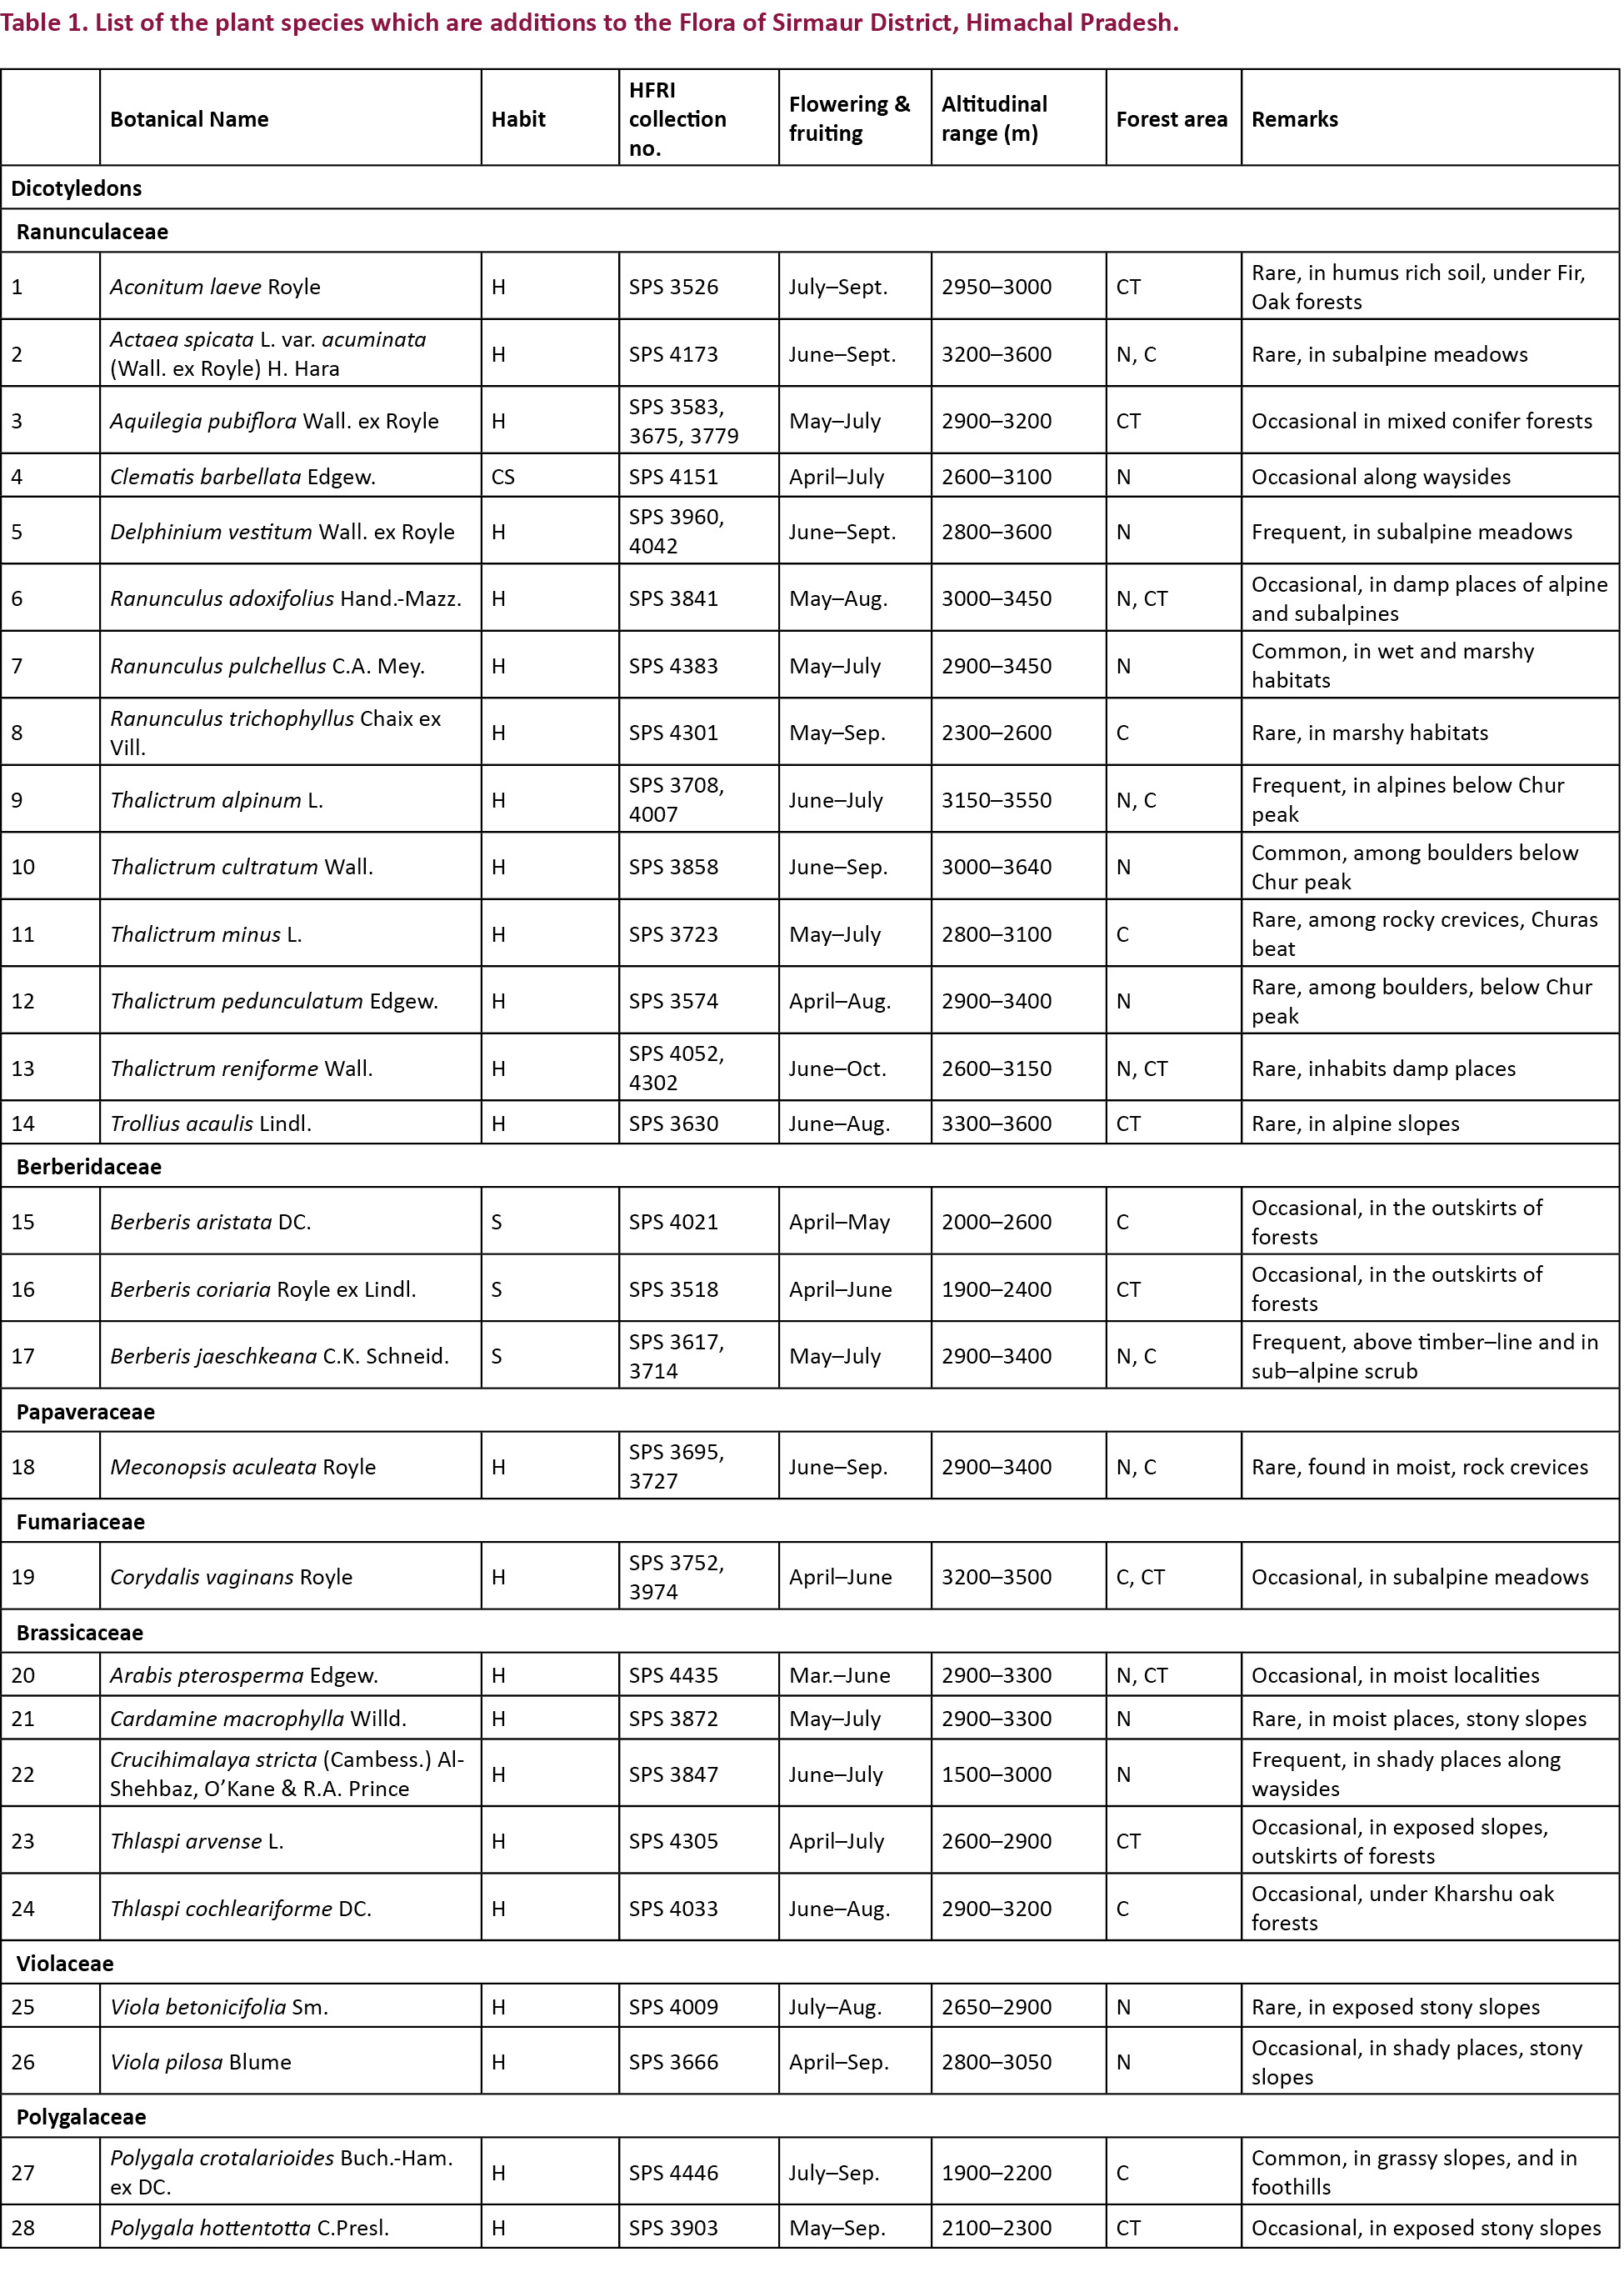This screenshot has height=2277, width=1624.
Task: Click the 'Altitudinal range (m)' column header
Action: [x=994, y=118]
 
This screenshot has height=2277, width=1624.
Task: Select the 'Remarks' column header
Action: [x=1294, y=119]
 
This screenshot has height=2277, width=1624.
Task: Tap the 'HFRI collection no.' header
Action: [x=677, y=118]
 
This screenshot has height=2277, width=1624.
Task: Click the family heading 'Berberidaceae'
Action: [x=88, y=1166]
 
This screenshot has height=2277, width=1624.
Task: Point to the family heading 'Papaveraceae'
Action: [x=85, y=1411]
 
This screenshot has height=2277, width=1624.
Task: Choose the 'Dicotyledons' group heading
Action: [x=76, y=188]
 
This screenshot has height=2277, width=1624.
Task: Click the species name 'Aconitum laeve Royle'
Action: [x=215, y=286]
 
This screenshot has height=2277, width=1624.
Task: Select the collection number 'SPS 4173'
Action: [x=673, y=354]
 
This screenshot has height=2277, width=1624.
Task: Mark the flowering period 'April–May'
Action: [x=839, y=1221]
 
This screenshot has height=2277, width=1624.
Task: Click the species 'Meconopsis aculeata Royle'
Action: [x=243, y=1466]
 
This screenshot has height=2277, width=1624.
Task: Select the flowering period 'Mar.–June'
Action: [x=839, y=1675]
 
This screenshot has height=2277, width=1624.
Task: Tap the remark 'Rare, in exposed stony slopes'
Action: [x=1395, y=2006]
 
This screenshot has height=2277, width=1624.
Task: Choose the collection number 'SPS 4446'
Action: [x=673, y=2172]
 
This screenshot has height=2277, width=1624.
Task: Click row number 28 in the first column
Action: [x=23, y=2227]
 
